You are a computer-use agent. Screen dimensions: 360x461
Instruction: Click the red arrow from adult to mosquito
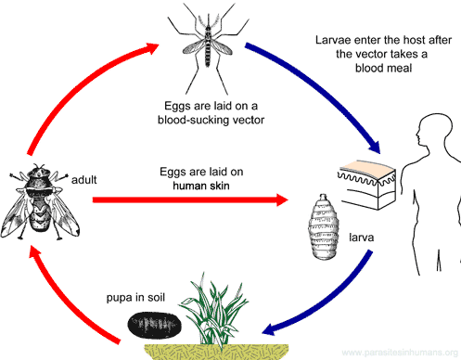(74, 84)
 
